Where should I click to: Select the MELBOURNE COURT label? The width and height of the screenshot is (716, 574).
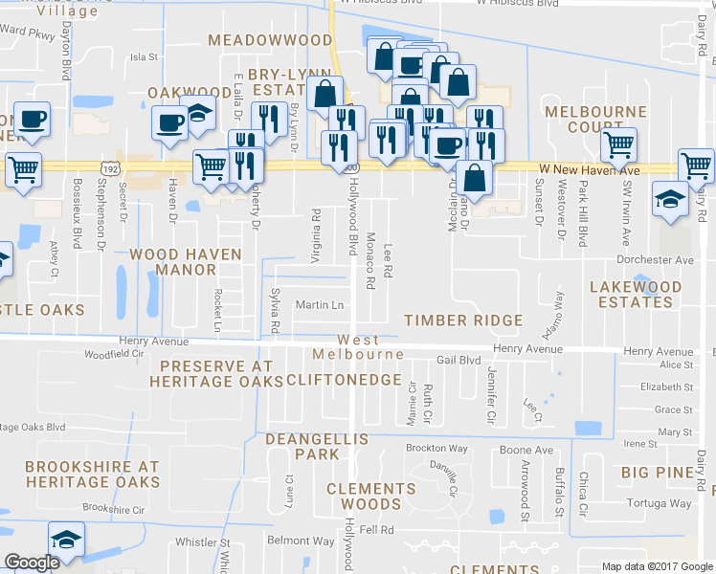click(595, 120)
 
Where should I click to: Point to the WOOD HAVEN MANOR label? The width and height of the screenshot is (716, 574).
click(173, 262)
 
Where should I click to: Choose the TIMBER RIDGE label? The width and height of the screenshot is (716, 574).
click(463, 320)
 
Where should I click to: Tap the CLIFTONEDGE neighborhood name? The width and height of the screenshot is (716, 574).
click(344, 380)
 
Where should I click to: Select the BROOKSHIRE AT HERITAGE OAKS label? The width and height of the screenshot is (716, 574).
click(92, 475)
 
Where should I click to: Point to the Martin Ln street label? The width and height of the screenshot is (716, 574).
click(319, 305)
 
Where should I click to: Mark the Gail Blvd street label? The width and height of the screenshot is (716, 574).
click(458, 361)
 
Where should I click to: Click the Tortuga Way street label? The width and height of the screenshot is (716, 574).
click(659, 503)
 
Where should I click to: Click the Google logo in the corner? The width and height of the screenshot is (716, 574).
click(32, 563)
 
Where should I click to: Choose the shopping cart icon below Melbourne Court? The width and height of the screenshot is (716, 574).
click(618, 144)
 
